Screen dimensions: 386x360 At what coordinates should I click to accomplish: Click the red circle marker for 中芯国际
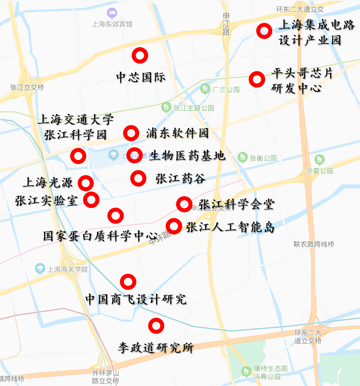coord(140,55)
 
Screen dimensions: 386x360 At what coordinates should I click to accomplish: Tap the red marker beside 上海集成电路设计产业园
coord(264,31)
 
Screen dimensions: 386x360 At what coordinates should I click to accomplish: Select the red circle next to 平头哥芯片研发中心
coord(257,79)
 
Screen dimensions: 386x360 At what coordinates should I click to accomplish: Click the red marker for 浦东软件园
coord(131,133)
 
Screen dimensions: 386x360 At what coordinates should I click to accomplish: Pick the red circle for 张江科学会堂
coord(184,204)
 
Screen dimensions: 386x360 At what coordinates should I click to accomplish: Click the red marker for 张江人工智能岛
coord(174,226)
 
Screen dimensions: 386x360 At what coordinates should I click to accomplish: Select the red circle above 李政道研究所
coord(156,326)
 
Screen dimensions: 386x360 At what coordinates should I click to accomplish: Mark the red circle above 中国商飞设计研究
coord(128,282)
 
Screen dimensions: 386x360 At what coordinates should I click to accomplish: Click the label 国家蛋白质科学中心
coord(101,236)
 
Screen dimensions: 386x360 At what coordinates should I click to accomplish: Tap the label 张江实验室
coord(46,201)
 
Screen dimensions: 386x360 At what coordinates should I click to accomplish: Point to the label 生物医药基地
coord(187,156)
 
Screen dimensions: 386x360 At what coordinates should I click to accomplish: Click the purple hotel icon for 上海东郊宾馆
coord(112,14)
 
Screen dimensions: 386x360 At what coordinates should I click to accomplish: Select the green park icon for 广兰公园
coord(205,88)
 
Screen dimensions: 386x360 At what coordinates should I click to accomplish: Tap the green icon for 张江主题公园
coord(166,107)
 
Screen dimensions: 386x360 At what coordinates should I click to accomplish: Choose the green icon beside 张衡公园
coord(243,157)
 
